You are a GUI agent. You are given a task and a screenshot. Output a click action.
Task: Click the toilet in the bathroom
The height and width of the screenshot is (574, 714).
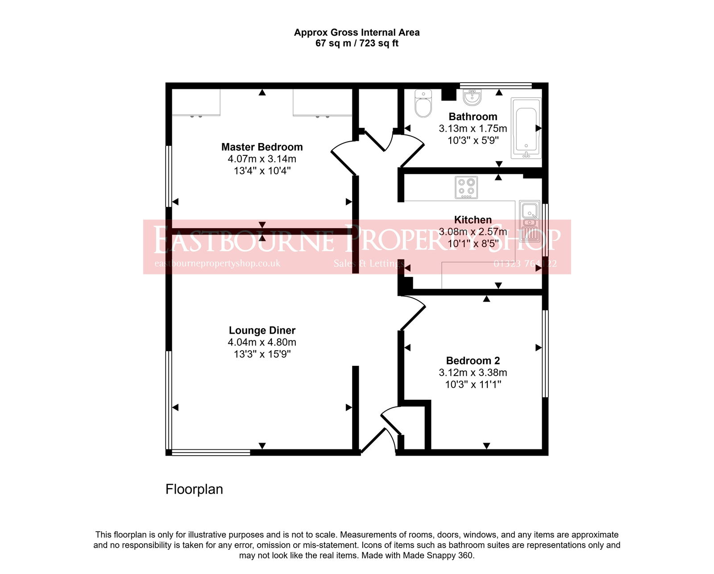coord(423,104)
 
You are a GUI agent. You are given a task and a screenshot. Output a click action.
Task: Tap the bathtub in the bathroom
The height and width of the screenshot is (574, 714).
coord(526,128)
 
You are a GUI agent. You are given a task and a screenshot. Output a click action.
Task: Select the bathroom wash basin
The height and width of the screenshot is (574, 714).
coord(472,97)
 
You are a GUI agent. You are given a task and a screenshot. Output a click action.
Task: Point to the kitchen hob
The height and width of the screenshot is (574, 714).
coord(466,188)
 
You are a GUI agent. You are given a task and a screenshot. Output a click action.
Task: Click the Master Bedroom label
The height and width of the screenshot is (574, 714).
coord(262,147)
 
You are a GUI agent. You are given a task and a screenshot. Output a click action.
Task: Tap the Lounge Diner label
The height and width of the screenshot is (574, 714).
coord(262,331)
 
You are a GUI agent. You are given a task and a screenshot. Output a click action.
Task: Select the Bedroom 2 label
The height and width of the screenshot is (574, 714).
coord(473,360)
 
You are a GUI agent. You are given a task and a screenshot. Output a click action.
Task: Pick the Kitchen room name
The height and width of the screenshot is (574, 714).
coord(473,220)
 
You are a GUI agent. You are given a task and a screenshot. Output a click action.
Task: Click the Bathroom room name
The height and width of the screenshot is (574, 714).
coord(473,117)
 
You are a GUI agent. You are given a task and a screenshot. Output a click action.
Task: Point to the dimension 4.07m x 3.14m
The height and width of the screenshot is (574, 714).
coord(262,159)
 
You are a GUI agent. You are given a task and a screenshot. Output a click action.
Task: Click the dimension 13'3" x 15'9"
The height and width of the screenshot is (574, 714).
coord(262,354)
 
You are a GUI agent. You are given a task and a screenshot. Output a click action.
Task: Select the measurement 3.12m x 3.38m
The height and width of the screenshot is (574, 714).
coord(473,373)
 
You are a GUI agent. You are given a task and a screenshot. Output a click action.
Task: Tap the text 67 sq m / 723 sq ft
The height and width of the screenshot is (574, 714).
coord(357,43)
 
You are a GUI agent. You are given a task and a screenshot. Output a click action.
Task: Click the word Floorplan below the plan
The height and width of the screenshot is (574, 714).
coord(194,489)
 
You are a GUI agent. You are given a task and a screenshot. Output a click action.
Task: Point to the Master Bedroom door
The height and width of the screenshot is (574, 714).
coord(344,159)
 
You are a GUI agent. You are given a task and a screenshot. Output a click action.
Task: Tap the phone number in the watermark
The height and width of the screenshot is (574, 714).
coord(525,264)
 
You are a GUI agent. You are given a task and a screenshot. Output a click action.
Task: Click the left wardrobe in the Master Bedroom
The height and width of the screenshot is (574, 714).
coord(196,102)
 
